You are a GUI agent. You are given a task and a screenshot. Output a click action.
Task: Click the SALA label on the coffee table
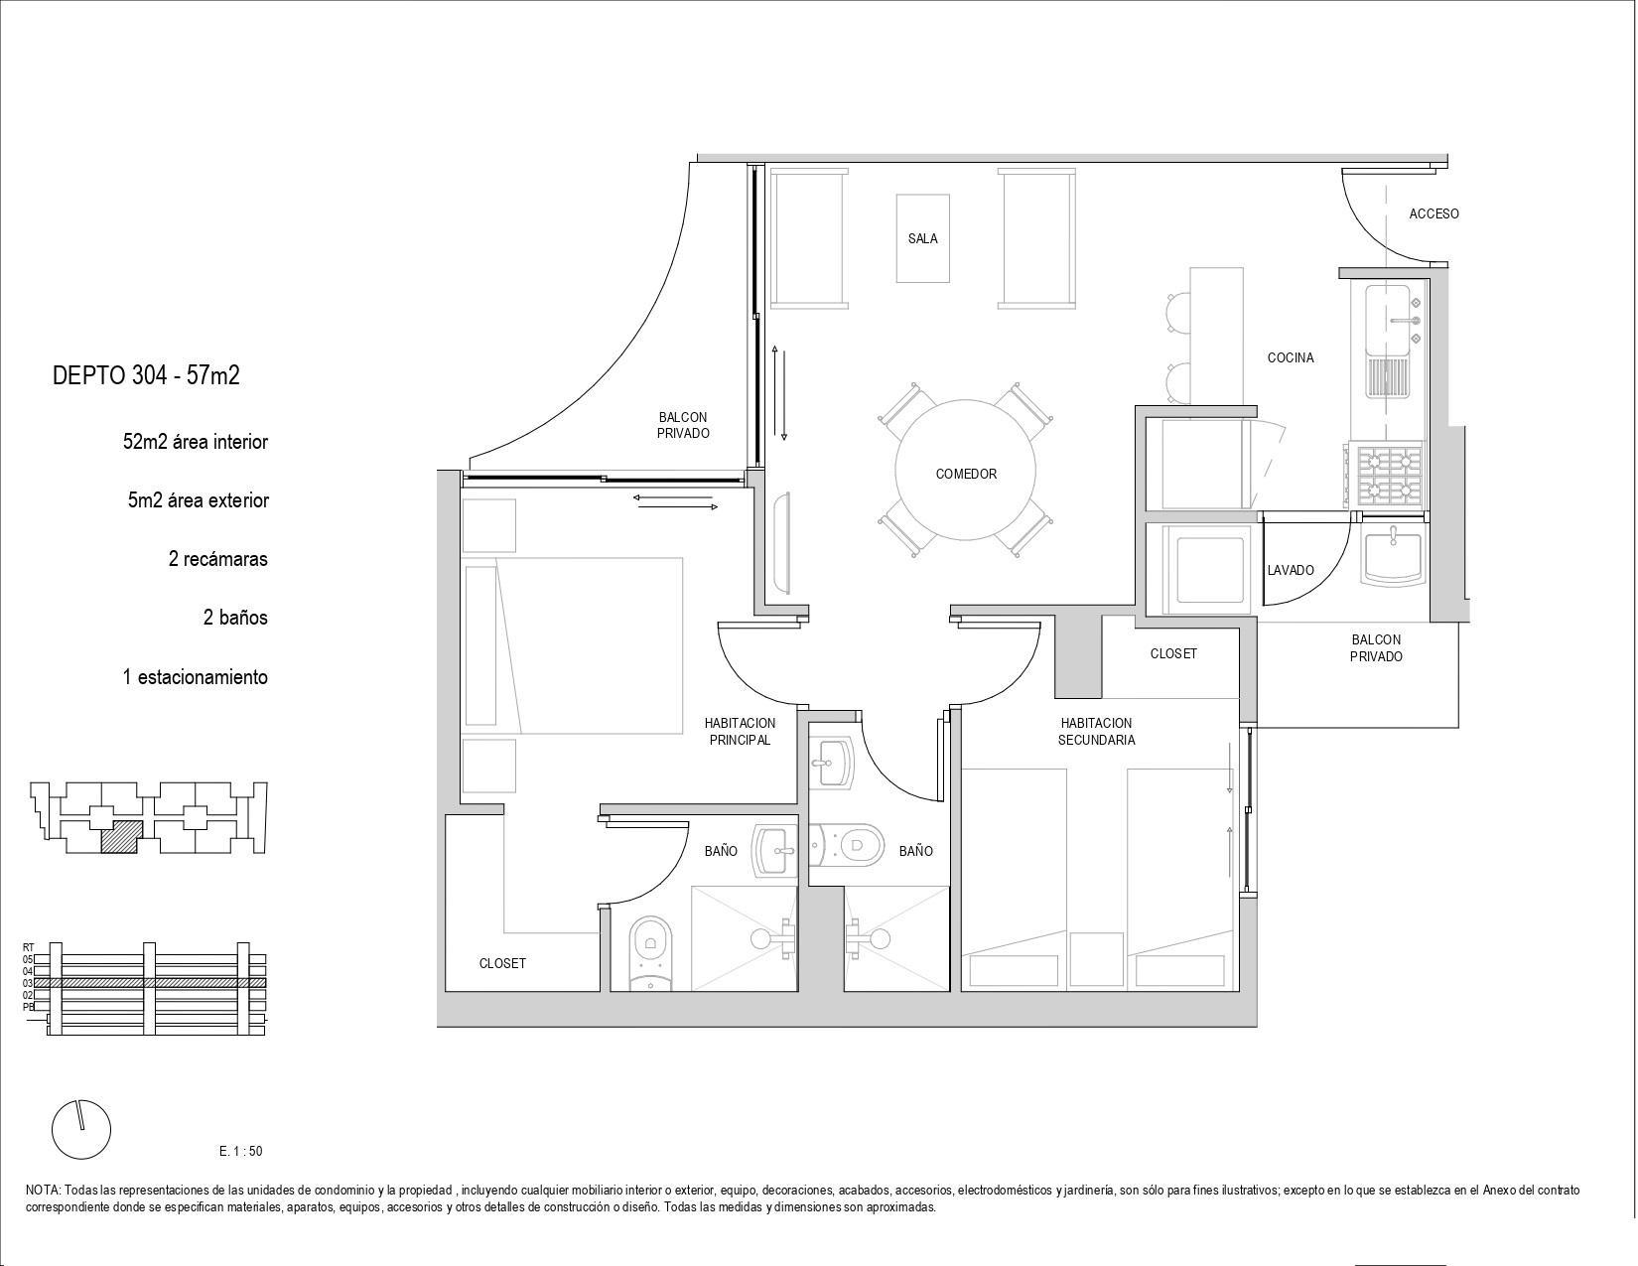922,239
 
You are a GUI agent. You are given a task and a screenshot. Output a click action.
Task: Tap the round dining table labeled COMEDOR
965,470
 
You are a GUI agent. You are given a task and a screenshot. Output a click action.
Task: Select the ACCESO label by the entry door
1433,214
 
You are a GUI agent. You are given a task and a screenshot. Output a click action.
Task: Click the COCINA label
1290,357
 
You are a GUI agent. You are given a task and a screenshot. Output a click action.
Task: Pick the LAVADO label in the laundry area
1290,570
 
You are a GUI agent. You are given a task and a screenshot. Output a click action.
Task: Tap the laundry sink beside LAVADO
1392,556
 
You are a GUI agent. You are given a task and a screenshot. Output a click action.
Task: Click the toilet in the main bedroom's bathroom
650,952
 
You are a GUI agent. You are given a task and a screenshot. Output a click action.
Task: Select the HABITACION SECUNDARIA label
1096,732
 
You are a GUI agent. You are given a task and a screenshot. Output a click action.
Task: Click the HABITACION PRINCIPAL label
740,732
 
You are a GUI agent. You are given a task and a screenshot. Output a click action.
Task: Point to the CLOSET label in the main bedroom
502,963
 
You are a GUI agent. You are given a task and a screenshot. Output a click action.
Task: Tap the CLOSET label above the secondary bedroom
1173,653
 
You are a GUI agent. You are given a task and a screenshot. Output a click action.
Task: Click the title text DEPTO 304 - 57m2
146,375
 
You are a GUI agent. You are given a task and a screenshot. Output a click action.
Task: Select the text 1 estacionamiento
196,677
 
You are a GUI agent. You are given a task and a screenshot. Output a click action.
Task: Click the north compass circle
81,1130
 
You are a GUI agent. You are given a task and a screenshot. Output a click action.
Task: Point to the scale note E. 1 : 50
240,1152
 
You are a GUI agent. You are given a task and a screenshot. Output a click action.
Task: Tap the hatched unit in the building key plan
121,837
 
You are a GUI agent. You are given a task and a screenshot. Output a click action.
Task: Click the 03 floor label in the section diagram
28,983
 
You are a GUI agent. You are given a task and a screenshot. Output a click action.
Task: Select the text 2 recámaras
217,559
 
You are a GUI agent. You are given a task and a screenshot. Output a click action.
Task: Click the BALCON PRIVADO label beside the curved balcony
683,425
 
